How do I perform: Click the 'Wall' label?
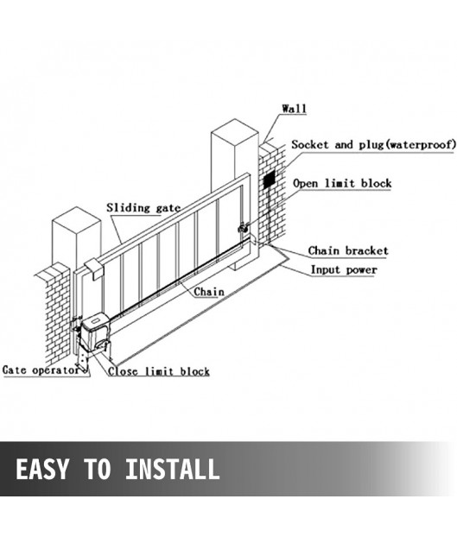(294, 109)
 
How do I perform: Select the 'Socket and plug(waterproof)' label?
(374, 144)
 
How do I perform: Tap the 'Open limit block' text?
(342, 183)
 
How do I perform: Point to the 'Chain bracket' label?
(348, 250)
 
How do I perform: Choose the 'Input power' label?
(344, 270)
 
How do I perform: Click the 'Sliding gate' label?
(143, 208)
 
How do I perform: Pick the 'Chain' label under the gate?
(209, 292)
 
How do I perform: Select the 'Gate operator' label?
(41, 370)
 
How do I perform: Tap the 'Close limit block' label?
(159, 371)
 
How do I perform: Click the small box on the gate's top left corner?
(94, 269)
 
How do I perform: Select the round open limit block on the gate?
(243, 227)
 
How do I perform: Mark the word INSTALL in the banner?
(172, 469)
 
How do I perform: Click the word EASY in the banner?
(41, 469)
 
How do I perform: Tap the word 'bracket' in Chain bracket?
(367, 250)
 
